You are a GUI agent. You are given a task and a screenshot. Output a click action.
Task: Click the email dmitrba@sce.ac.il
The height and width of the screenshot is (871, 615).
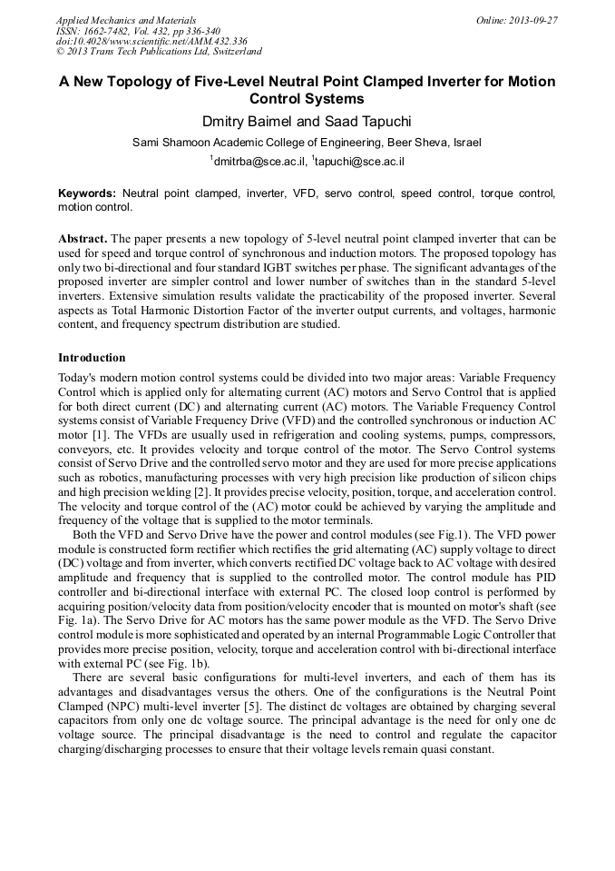[x=257, y=162]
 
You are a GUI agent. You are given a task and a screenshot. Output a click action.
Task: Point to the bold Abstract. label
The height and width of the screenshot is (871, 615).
[x=83, y=238]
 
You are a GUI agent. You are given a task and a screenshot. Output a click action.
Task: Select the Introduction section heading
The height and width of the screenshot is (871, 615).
[x=92, y=358]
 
